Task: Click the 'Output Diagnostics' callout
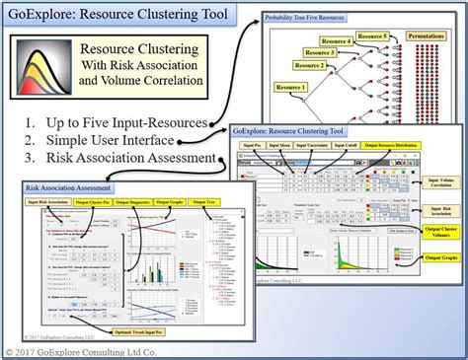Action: (x=133, y=201)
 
